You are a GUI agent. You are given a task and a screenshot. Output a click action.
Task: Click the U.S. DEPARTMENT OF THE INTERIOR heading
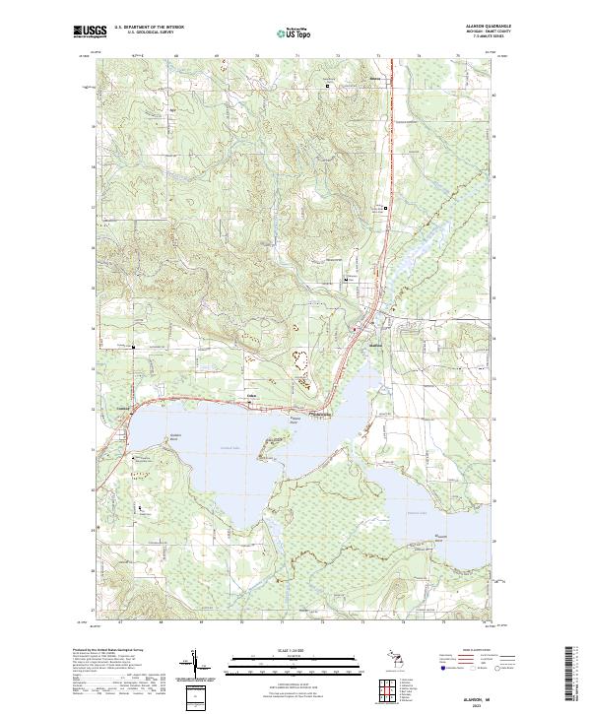(150, 27)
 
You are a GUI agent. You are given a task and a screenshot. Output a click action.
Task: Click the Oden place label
(251, 397)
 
